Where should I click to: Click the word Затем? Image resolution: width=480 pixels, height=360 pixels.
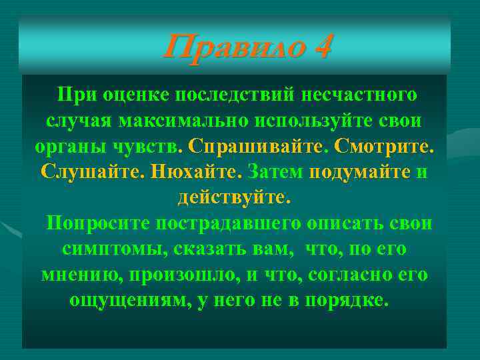274,172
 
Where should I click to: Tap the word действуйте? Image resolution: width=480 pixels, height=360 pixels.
234,198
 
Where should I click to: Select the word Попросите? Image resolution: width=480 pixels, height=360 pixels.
97,223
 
